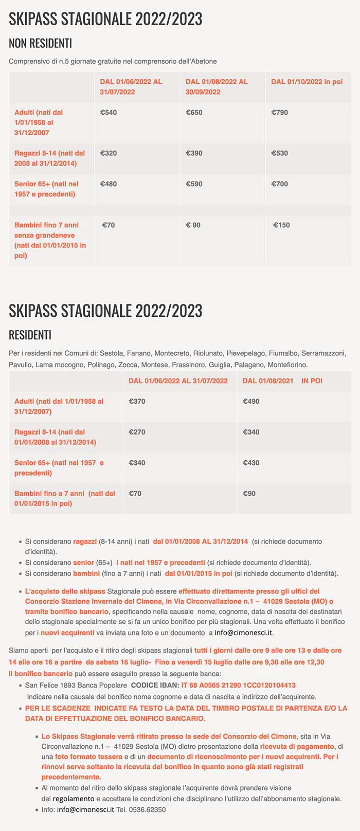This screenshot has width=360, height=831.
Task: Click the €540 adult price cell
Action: (x=109, y=113)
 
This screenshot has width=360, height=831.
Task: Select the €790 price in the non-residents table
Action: (x=280, y=113)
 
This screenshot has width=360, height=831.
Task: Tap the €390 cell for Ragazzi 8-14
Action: (x=194, y=153)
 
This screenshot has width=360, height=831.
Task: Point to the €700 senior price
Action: (x=280, y=184)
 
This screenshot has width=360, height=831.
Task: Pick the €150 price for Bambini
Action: (x=282, y=225)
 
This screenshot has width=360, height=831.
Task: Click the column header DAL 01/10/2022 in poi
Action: (x=307, y=82)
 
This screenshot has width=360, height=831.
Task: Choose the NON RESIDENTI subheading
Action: (x=40, y=43)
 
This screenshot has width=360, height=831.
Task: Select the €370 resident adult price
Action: (x=137, y=402)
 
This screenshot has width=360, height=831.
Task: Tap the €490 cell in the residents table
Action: (x=251, y=402)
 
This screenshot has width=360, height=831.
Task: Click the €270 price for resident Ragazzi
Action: (x=137, y=432)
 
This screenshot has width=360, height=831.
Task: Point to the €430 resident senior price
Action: (x=251, y=463)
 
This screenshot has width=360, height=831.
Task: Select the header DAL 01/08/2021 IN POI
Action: (x=282, y=381)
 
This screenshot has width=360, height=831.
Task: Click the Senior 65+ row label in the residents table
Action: (x=59, y=468)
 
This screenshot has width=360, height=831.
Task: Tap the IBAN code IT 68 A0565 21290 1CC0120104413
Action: (x=238, y=685)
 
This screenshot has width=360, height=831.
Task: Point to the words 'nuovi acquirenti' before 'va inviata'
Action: (x=67, y=633)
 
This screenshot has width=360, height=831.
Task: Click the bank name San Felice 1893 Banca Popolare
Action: (x=76, y=685)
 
